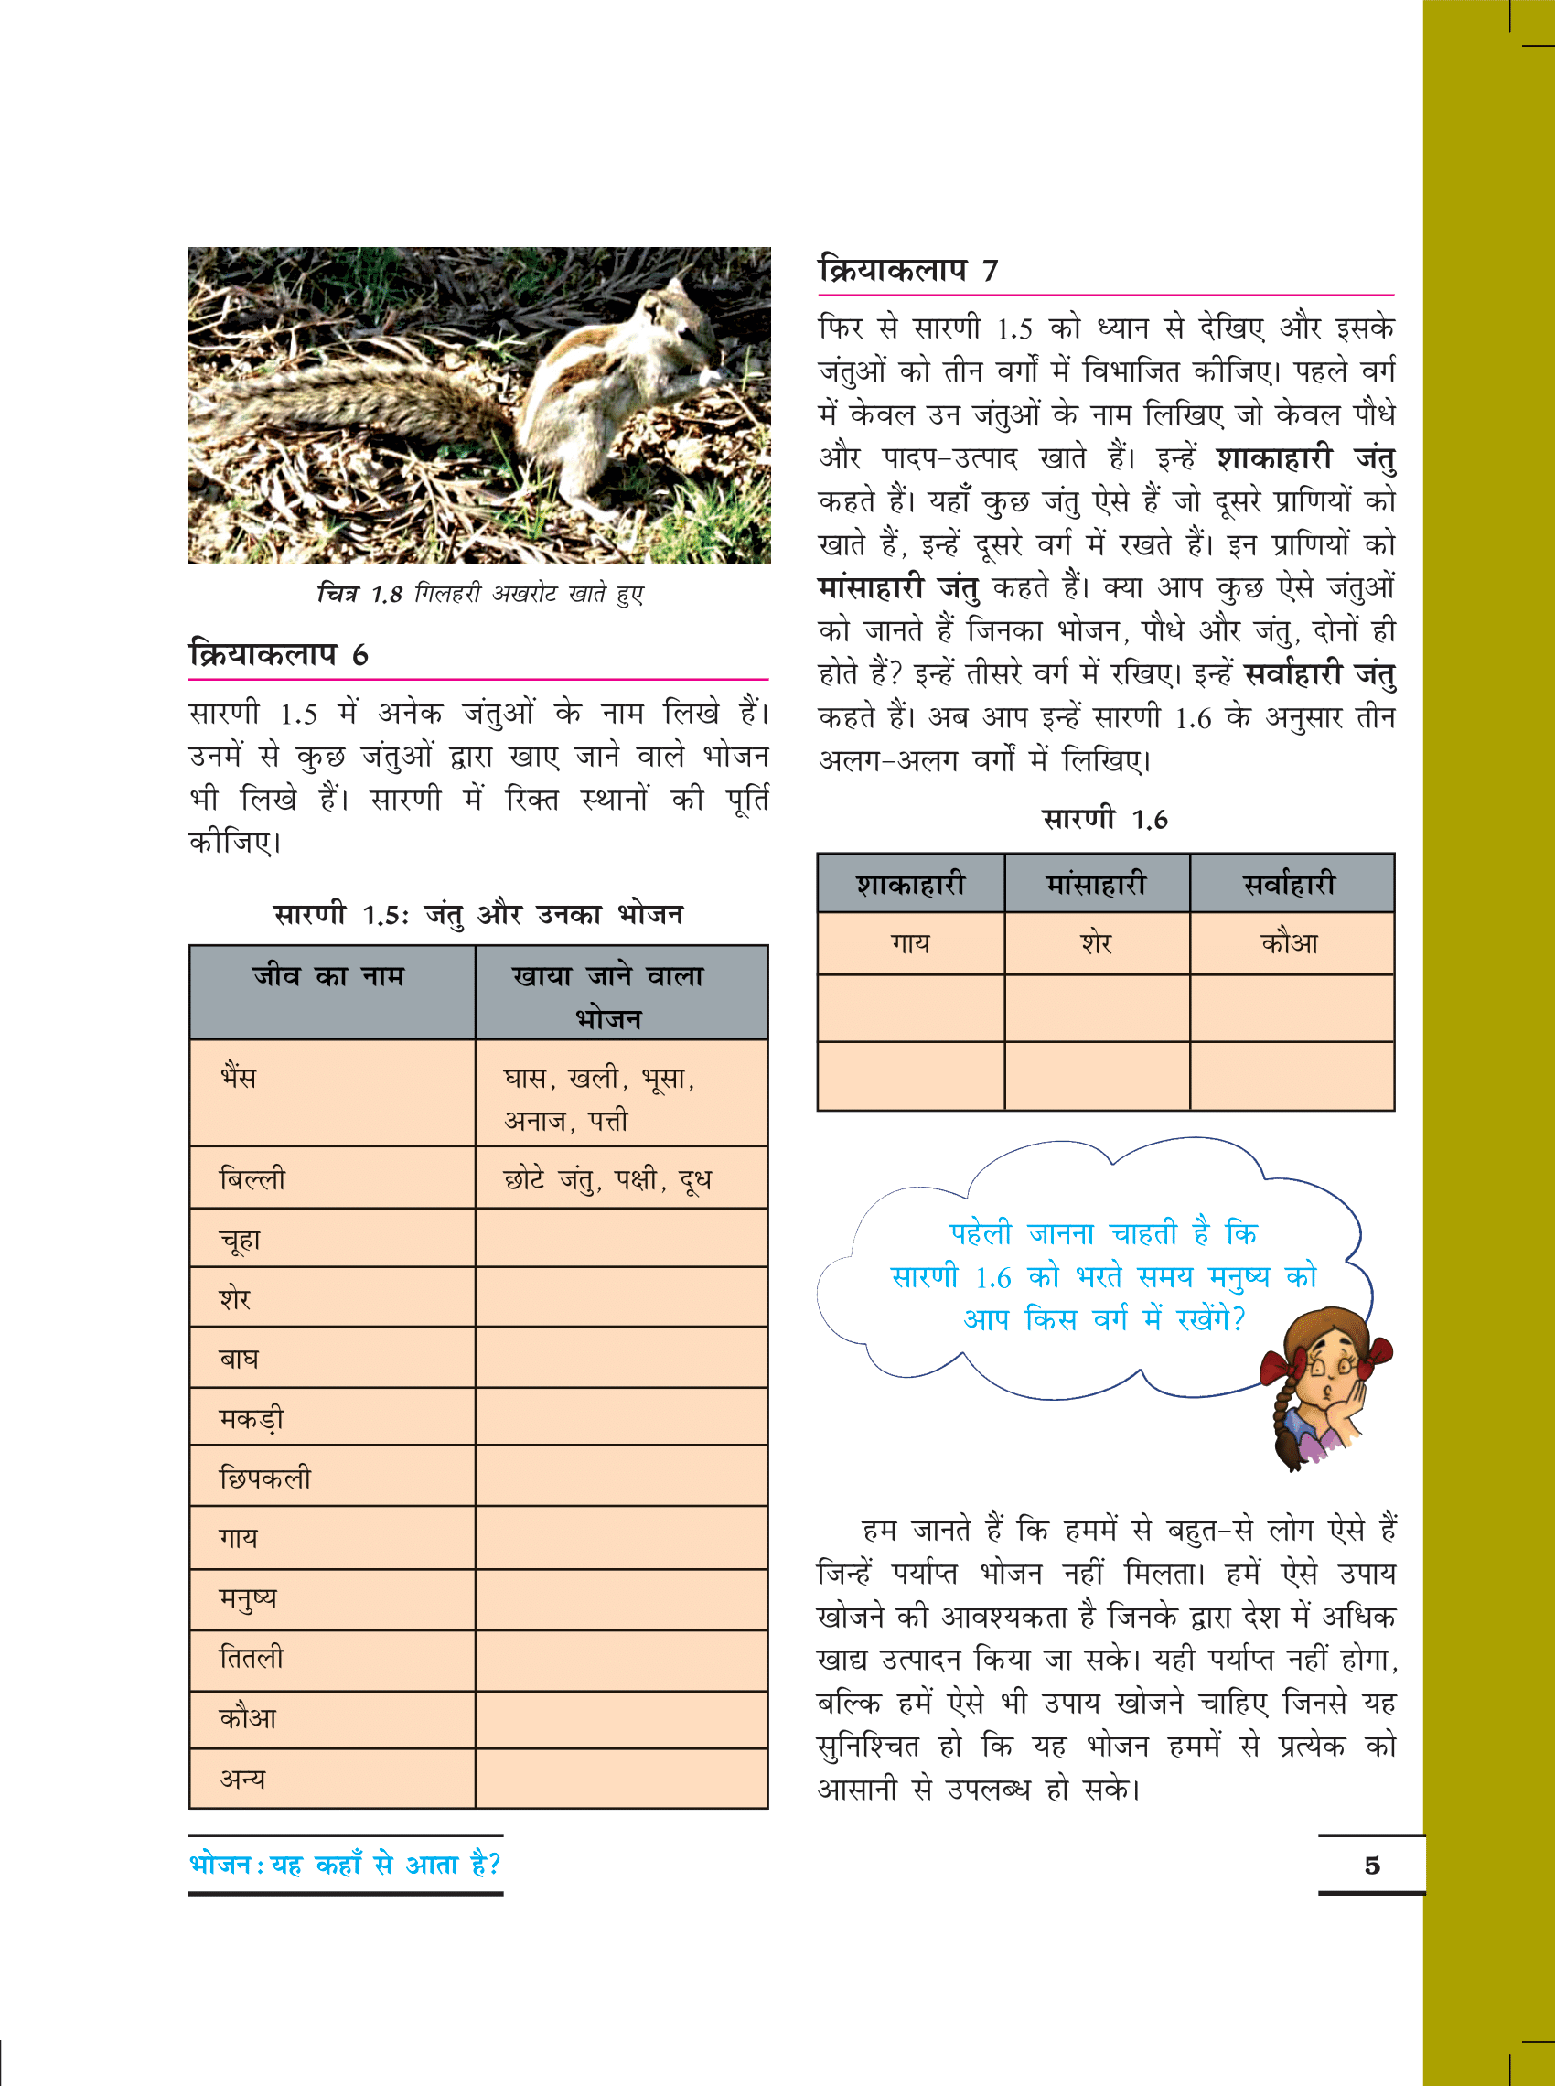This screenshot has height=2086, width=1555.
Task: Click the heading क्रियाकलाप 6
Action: click(279, 654)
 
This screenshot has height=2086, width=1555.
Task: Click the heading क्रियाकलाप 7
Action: click(907, 270)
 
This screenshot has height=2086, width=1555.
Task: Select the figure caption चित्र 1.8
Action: click(479, 594)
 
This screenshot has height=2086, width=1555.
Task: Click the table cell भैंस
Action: click(238, 1077)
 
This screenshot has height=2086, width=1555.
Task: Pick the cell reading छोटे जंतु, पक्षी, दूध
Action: click(607, 1178)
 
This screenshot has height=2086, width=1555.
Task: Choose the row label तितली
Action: click(251, 1658)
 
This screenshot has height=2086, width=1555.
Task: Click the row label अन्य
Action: click(241, 1779)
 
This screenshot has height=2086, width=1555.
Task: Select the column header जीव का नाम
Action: click(328, 977)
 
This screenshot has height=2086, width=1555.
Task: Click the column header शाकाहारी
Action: click(910, 885)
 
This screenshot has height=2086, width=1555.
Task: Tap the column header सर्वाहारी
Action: click(1289, 885)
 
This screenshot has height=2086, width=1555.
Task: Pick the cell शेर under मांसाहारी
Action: click(1096, 943)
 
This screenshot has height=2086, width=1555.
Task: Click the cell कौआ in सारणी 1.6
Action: click(1289, 943)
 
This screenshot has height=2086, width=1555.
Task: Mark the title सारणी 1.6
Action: click(1104, 819)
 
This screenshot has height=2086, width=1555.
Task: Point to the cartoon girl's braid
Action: click(1283, 1422)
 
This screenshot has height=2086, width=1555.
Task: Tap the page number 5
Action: click(1371, 1866)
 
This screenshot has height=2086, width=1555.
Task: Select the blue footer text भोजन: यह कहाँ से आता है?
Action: click(345, 1865)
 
